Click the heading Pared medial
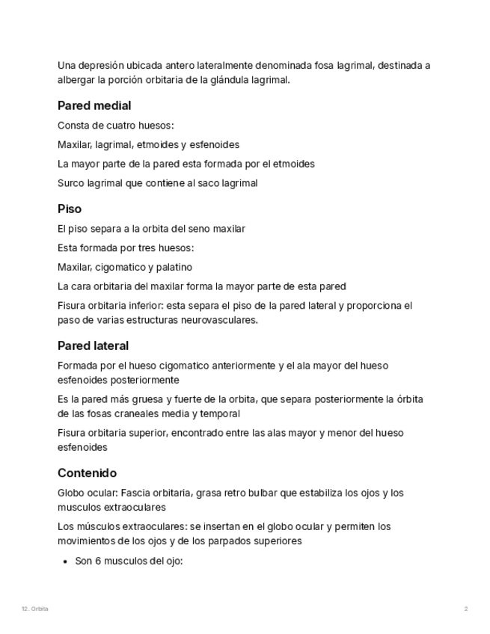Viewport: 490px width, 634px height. point(94,106)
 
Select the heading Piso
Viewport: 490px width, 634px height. point(70,209)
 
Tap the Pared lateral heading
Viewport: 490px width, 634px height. point(93,346)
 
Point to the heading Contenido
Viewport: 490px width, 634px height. point(87,473)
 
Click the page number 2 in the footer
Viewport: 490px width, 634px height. point(466,609)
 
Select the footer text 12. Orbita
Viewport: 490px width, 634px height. point(35,609)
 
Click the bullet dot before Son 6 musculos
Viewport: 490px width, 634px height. point(66,561)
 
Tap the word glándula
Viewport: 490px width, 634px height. point(234,80)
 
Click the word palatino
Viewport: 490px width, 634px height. point(174,267)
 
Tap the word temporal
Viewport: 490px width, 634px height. point(221,413)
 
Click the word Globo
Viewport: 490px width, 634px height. point(71,493)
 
